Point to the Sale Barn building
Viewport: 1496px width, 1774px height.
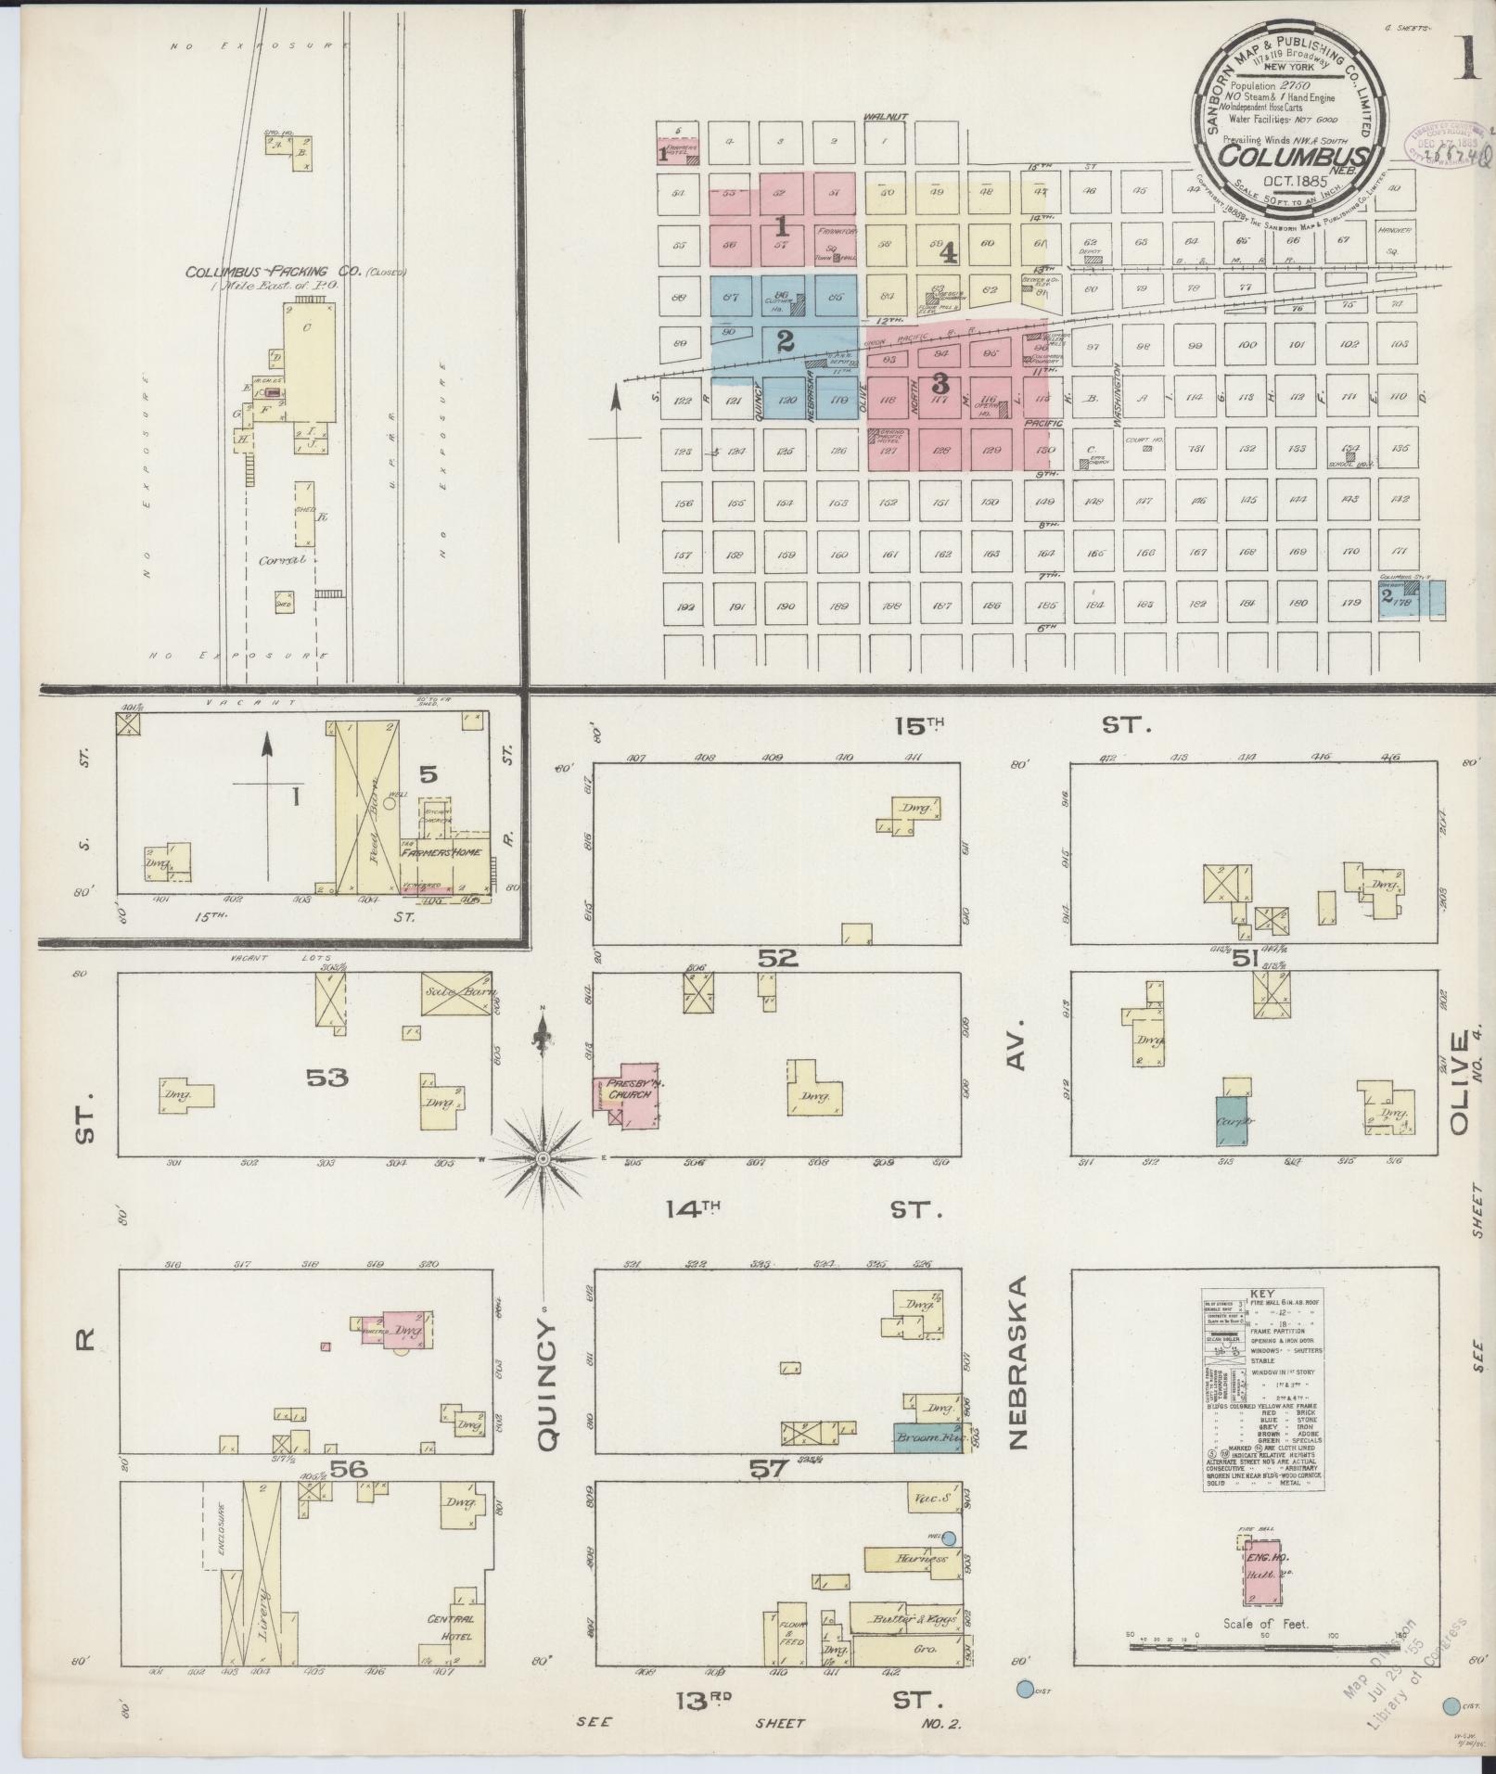[x=455, y=992]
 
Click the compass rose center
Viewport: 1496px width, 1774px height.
[x=543, y=1158]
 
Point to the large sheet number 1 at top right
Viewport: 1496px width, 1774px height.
[x=1467, y=57]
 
